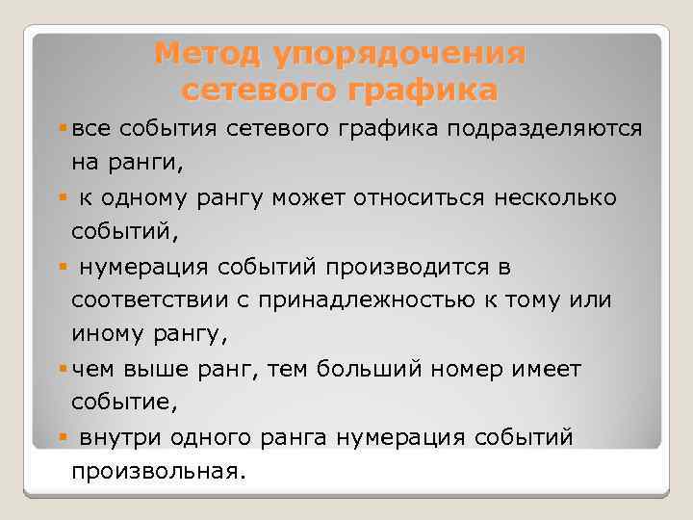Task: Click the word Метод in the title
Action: [x=200, y=53]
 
